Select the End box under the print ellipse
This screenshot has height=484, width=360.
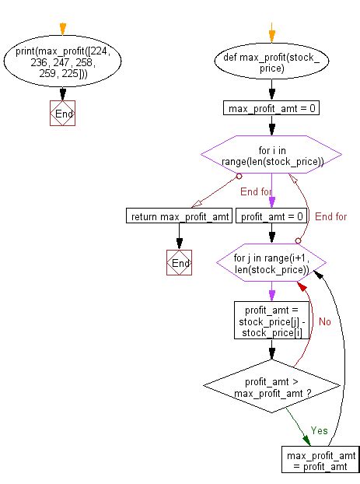point(62,113)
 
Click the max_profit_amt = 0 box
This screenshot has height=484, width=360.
point(271,108)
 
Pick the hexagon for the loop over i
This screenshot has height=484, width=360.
point(271,156)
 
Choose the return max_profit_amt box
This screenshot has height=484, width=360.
point(179,216)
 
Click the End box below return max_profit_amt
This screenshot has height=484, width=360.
point(180,264)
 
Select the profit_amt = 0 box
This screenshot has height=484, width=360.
point(271,216)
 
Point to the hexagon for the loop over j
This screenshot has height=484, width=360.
point(271,264)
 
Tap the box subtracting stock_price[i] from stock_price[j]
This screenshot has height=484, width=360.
point(271,319)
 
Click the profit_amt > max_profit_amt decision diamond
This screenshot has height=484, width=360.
point(271,387)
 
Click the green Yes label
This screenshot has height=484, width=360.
point(319,430)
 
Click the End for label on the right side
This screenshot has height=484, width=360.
point(330,216)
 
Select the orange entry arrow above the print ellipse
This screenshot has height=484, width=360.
point(62,30)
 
